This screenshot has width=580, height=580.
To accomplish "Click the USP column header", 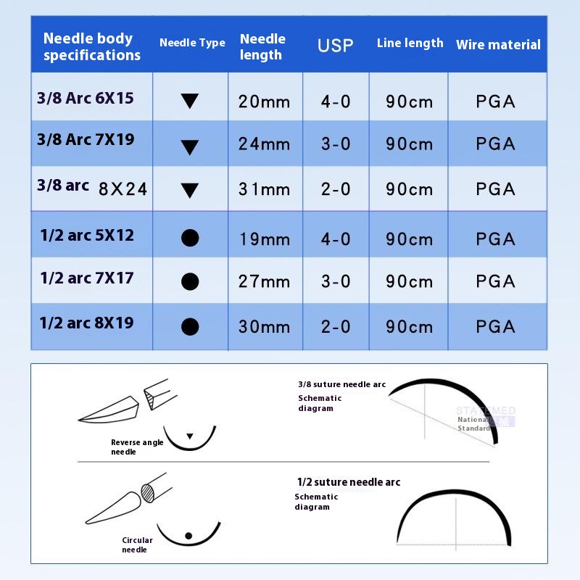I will (x=335, y=46).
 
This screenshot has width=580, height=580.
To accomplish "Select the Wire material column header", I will (x=498, y=45).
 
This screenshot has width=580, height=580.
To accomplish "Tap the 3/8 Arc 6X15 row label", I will (x=86, y=99).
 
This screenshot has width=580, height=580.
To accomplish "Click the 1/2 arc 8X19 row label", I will (x=87, y=323).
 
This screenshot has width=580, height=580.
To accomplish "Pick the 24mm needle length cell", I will (x=264, y=144).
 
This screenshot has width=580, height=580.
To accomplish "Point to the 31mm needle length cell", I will (x=264, y=189).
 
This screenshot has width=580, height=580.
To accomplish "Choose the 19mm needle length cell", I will (x=264, y=239).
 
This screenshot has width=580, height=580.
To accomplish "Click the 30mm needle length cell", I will (x=264, y=326).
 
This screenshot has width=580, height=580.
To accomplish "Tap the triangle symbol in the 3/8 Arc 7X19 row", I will (x=189, y=147).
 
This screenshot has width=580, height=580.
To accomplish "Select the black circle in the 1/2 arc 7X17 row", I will (x=189, y=281).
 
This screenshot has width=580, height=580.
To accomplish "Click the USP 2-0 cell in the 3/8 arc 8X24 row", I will (x=336, y=189).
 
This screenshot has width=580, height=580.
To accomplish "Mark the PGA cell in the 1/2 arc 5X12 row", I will (x=496, y=239).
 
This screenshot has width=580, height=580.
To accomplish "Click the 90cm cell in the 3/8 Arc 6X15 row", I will (x=410, y=101).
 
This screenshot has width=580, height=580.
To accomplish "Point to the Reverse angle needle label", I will (x=137, y=447).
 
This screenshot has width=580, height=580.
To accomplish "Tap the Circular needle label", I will (x=137, y=544).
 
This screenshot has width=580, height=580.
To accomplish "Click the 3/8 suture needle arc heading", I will (x=341, y=384).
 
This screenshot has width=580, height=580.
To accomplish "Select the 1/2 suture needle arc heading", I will (x=348, y=482).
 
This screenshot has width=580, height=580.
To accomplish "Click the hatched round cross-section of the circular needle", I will (x=148, y=492).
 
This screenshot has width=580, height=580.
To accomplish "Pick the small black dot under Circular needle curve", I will (x=188, y=536).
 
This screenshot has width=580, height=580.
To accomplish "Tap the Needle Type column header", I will (x=192, y=43).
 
